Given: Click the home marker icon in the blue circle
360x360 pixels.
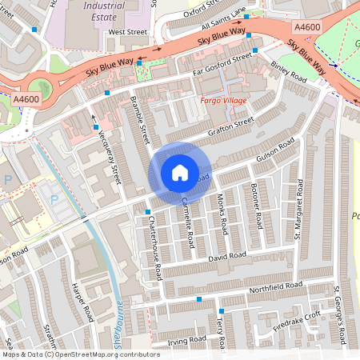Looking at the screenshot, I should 179,172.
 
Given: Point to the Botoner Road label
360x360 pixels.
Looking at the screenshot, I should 256,206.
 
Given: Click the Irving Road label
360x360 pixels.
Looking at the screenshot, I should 186,341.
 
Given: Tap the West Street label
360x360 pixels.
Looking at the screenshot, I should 128,32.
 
